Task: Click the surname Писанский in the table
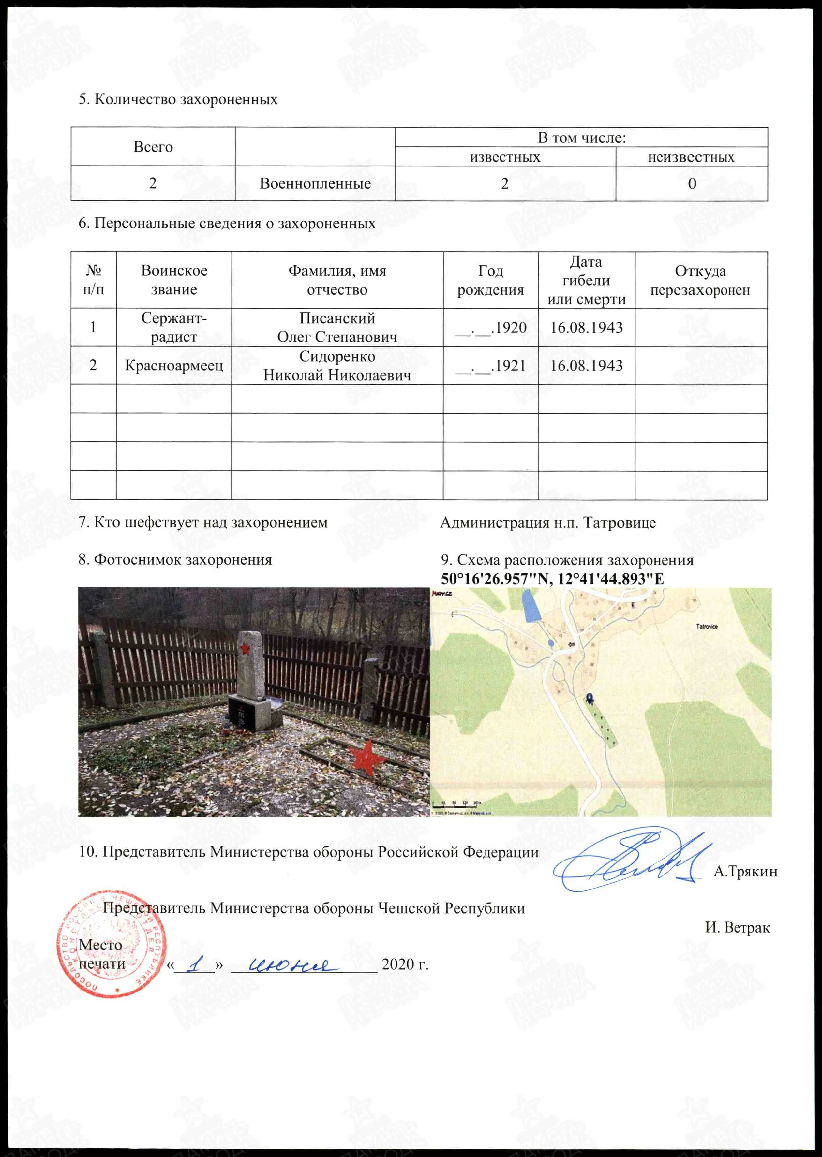click(x=337, y=318)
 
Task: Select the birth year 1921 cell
click(x=490, y=366)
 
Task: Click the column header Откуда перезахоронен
click(x=700, y=280)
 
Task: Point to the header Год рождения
click(x=490, y=280)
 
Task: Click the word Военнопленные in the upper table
click(x=315, y=183)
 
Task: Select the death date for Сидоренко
click(x=586, y=366)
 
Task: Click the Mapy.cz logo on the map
click(x=441, y=593)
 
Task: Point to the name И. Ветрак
click(x=737, y=927)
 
